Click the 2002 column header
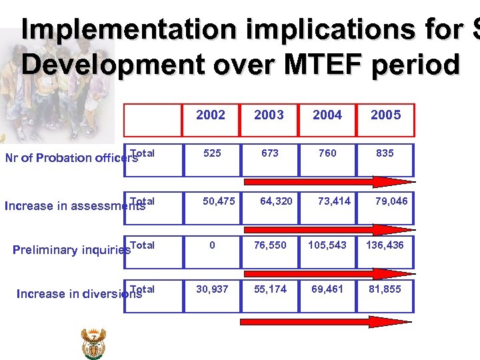pos(211,115)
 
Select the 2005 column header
pos(385,115)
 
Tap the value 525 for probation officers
pos(212,153)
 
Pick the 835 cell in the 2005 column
pos(385,153)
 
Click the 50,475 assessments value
pos(219,201)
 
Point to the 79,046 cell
pos(391,201)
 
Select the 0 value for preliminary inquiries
pos(212,245)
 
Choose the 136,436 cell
pos(385,245)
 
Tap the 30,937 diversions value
pos(211,289)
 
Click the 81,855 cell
pos(385,289)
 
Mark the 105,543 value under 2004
pos(327,245)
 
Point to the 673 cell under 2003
pos(270,153)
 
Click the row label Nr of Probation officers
pos(71,158)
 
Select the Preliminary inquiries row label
pos(72,250)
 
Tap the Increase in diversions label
pos(79,293)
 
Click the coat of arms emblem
pos(93,343)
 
